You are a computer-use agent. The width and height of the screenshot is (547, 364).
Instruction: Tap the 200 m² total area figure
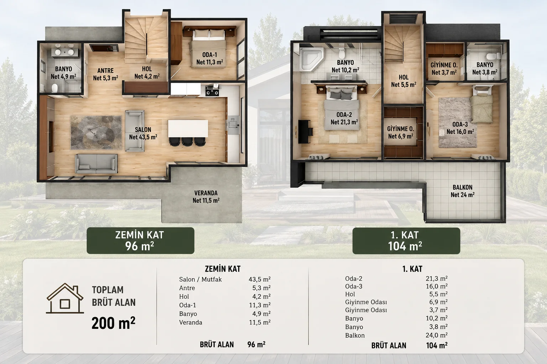point(113,323)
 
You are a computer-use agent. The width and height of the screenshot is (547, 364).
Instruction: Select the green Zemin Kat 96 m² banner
point(140,241)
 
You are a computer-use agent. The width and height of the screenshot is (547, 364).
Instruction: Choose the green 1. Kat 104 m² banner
point(406,241)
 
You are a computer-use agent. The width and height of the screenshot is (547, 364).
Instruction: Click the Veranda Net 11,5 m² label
point(206,197)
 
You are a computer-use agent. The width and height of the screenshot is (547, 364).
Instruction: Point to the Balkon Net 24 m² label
point(463,191)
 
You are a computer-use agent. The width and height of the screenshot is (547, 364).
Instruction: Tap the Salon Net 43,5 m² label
point(143,133)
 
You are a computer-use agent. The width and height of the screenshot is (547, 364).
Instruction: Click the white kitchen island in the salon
point(188,128)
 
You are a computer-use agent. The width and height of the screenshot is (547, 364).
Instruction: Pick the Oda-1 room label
point(209,59)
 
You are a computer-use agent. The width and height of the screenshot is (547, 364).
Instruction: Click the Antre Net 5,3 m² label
point(105,74)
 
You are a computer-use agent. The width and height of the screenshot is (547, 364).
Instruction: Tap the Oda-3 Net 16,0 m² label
point(460,128)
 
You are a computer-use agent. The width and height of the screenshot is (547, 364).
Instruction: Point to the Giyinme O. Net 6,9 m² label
point(401,132)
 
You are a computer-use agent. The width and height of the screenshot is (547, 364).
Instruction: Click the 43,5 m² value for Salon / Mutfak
point(260,279)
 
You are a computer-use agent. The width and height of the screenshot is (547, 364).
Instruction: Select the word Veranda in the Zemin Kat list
point(191,322)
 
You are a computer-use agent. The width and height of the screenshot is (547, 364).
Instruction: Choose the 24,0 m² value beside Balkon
point(437,335)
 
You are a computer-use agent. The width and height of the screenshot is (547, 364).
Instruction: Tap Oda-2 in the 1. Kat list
point(354,278)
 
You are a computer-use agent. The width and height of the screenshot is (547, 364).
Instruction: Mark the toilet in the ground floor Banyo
point(55,88)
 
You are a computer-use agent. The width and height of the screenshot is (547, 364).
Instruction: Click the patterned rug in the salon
point(96,133)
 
